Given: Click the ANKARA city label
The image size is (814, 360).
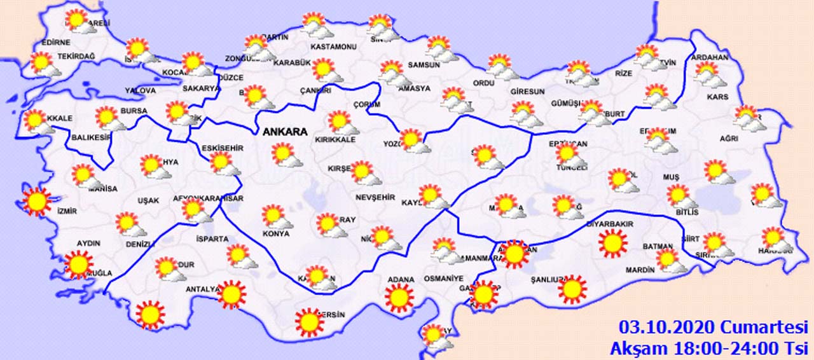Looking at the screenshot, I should (x=285, y=132).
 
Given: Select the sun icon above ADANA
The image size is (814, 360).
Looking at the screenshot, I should (x=399, y=297).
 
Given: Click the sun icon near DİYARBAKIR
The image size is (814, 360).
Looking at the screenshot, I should (x=613, y=243).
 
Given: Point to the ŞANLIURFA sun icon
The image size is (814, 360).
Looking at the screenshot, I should (x=572, y=289).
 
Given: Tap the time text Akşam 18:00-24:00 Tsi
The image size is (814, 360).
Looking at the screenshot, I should (x=708, y=348).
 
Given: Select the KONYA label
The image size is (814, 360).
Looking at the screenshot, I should (x=275, y=233).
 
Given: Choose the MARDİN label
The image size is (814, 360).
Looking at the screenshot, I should (x=640, y=270).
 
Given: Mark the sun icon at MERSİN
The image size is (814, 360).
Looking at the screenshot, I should (x=310, y=322).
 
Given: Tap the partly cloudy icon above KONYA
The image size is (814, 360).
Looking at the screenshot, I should (x=275, y=217).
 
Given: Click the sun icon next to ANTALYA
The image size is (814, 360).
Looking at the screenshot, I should (x=231, y=294).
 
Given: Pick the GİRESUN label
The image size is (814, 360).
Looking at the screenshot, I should (x=527, y=92).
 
